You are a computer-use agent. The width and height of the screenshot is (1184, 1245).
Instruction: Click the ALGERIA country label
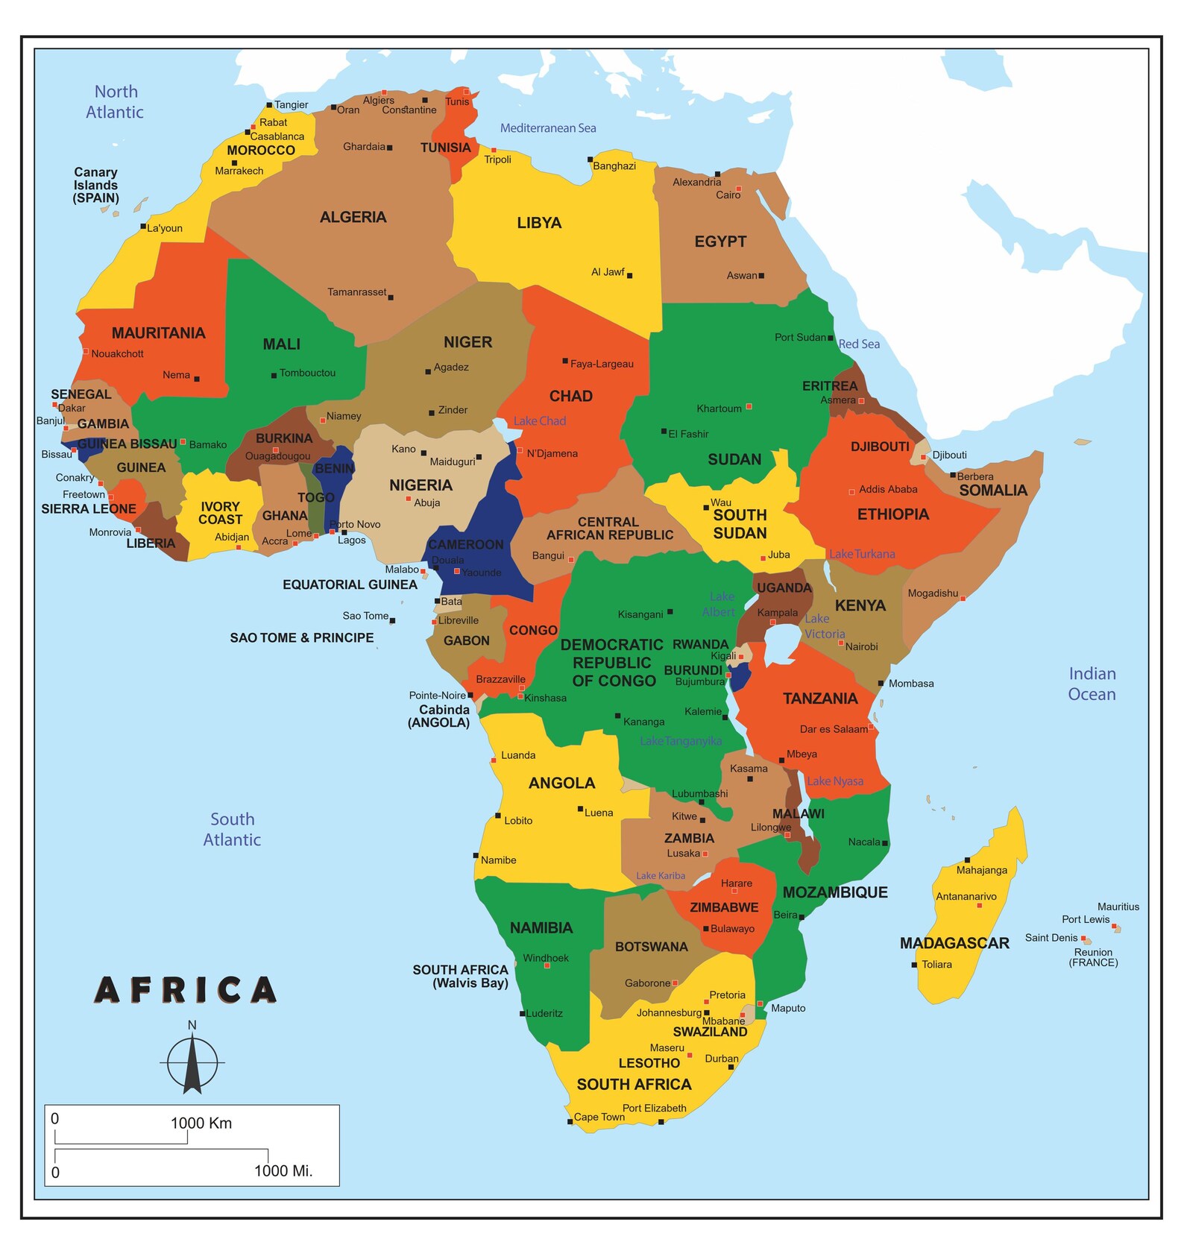(x=353, y=217)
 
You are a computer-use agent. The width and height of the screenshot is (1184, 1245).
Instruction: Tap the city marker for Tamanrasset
(x=391, y=297)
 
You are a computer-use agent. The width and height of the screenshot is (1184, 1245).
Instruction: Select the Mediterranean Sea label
(x=547, y=128)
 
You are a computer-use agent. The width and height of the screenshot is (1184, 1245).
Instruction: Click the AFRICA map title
(x=186, y=990)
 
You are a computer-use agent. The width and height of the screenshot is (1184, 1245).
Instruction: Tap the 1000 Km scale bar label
(x=201, y=1123)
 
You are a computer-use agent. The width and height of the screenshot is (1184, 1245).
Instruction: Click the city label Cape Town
(x=599, y=1117)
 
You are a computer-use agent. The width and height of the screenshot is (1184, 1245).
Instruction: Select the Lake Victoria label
(x=824, y=626)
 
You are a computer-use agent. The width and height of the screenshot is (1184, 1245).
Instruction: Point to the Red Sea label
(x=859, y=344)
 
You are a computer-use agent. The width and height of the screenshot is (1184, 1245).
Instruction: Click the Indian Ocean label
(x=1092, y=684)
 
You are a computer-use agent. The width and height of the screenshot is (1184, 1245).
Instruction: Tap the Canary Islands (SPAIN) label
(x=95, y=185)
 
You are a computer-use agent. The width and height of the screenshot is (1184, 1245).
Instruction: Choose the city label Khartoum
(x=719, y=409)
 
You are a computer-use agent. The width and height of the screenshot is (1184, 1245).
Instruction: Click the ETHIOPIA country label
(x=892, y=514)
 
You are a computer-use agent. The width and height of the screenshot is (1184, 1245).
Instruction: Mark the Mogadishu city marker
(x=963, y=598)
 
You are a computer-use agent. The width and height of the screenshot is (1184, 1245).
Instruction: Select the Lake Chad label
(x=539, y=420)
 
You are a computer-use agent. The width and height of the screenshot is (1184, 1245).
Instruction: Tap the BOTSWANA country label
(x=651, y=947)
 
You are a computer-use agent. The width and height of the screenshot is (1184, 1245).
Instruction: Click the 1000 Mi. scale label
(x=283, y=1170)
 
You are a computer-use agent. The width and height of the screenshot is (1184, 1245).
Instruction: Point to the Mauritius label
(x=1118, y=907)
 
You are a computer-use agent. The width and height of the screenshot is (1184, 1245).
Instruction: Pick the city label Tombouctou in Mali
(x=307, y=373)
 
